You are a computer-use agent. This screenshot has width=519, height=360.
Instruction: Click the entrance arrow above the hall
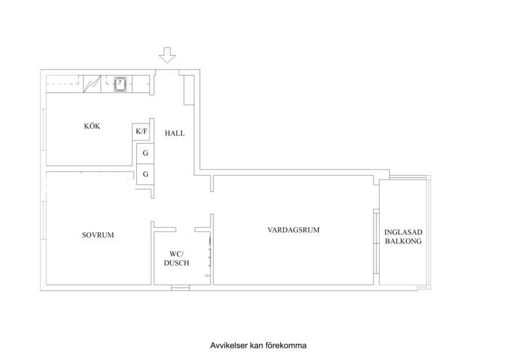(x=168, y=55)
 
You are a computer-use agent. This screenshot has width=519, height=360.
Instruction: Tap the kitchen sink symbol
(x=121, y=85)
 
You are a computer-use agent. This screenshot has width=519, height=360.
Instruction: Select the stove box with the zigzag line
(x=92, y=85)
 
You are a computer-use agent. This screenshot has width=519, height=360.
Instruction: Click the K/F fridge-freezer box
(x=142, y=132)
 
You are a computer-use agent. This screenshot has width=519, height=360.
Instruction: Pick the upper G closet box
(x=145, y=154)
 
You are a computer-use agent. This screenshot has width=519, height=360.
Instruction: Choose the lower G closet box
(x=145, y=174)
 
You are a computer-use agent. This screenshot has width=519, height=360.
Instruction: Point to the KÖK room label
(x=92, y=126)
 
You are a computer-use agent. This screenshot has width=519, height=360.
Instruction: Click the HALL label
(x=175, y=133)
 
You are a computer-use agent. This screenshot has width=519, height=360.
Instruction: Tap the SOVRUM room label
(x=98, y=235)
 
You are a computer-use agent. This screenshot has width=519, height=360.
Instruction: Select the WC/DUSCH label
(x=176, y=258)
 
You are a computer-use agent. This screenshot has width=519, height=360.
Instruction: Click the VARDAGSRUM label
(x=293, y=230)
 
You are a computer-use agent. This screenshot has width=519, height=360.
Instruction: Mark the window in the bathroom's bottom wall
(x=180, y=287)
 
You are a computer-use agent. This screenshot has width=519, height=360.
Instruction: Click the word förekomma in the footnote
(x=286, y=346)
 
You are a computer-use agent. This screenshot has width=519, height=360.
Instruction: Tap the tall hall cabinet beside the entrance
(x=187, y=90)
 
